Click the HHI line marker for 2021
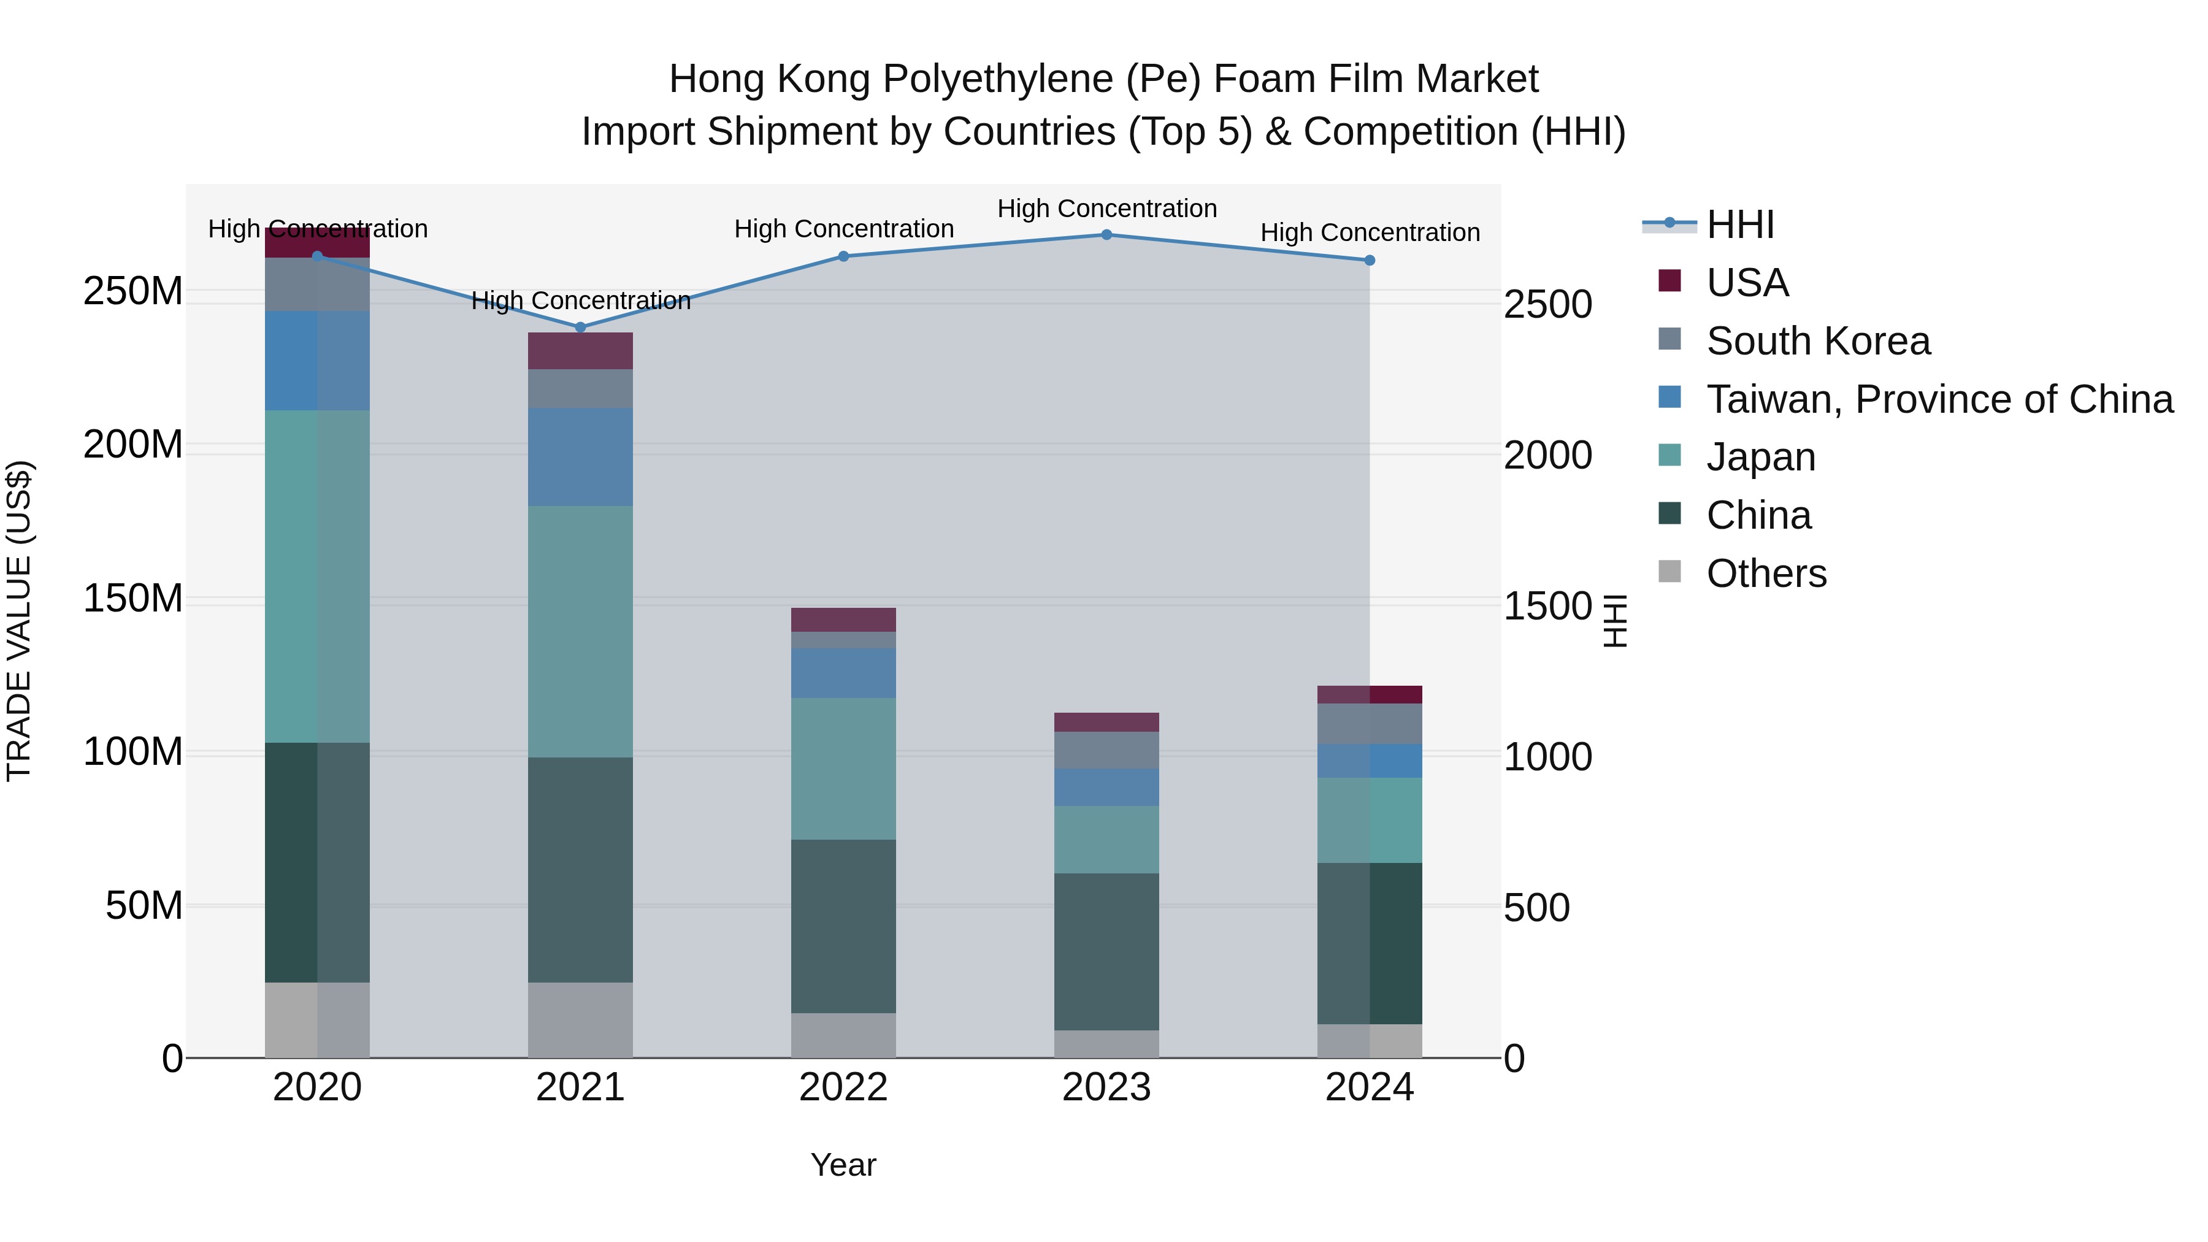580,328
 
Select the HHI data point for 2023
1106,235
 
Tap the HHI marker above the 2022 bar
843,256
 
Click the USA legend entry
1747,283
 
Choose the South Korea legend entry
1817,341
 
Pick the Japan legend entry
1760,457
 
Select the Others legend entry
1766,573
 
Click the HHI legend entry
1740,224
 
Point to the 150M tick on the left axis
133,598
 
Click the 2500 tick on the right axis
1548,304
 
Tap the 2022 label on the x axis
843,1087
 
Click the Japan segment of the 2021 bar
580,631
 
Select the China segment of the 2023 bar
1106,951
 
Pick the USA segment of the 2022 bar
843,619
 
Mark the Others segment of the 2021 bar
580,1019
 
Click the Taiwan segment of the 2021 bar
580,457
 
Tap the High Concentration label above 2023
1106,209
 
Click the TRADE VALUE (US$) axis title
19,621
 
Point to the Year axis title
843,1165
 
